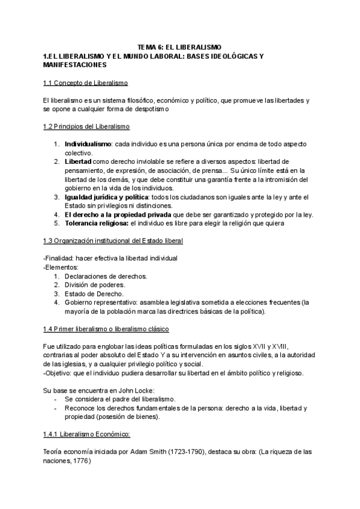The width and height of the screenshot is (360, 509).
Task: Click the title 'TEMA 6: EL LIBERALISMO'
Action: point(179,47)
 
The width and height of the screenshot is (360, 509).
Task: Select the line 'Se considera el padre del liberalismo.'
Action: point(119,399)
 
